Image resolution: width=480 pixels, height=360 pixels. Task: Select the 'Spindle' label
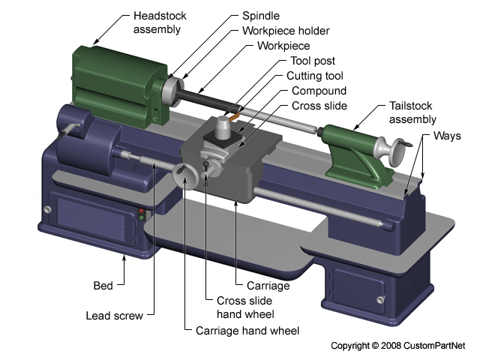click(260, 15)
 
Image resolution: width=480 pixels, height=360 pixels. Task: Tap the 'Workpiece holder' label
click(286, 31)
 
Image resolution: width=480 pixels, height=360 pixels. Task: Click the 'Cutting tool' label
click(315, 76)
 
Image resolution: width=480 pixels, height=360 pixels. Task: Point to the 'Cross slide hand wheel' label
click(239, 307)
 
